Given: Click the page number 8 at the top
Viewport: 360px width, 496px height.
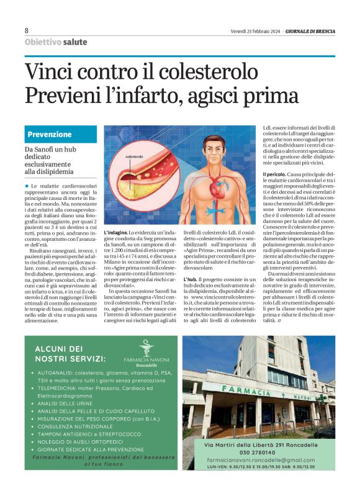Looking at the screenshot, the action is coord(27,30).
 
